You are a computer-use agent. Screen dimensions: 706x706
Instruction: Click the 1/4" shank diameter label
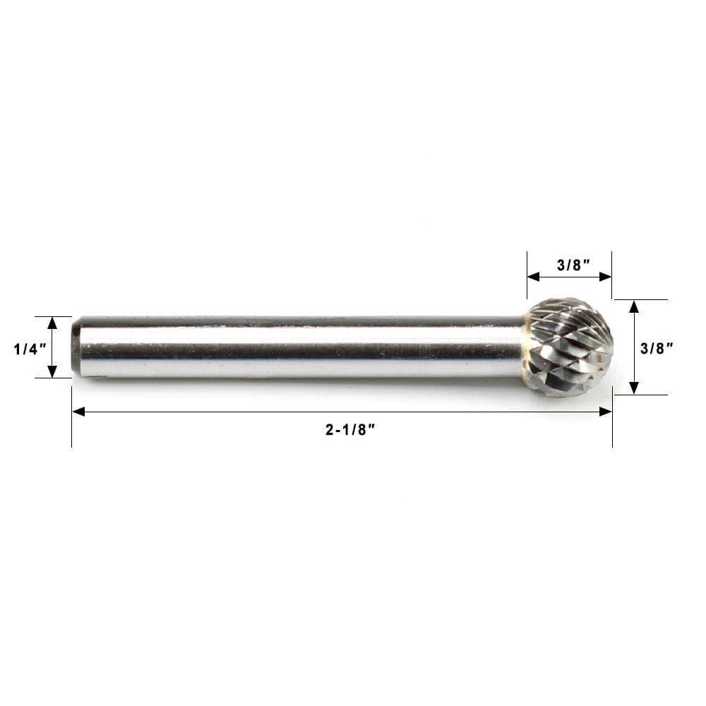pos(30,349)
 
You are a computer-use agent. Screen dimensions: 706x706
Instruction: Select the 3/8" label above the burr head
pos(573,265)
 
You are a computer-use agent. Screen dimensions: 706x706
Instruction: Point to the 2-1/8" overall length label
pos(350,429)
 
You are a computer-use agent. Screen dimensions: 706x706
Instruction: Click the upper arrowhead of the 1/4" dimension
pos(53,323)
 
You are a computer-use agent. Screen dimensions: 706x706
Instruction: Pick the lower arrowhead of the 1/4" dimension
pos(53,372)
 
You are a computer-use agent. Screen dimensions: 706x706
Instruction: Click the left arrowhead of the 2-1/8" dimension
pos(78,412)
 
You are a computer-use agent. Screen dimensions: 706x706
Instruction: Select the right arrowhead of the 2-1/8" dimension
pos(606,412)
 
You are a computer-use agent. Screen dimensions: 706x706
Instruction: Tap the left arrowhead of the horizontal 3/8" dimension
pos(534,277)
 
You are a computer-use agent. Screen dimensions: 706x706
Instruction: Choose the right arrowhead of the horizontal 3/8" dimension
pos(606,277)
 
